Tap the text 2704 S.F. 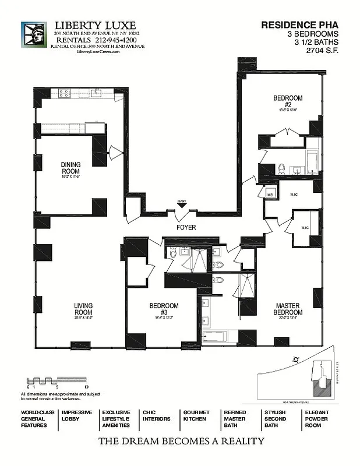tap(322, 50)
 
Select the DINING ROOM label tap(70, 168)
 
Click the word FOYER tap(186, 227)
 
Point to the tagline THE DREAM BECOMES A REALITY tap(181, 442)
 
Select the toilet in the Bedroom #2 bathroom tap(281, 169)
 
